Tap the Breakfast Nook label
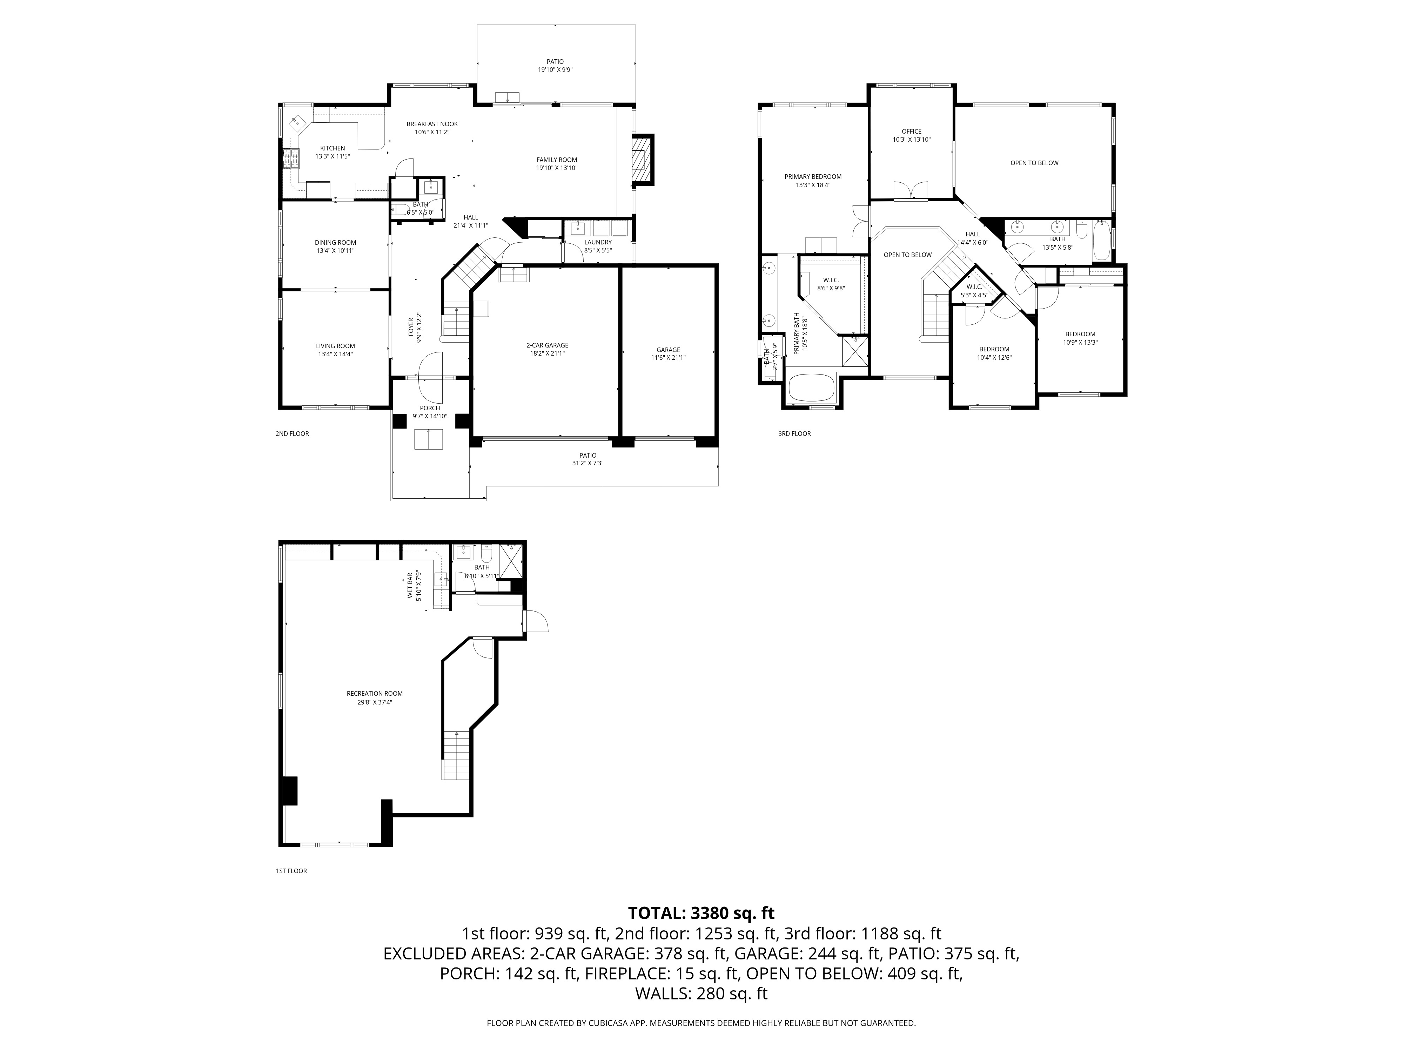432,124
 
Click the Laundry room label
597,242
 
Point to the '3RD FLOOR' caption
794,434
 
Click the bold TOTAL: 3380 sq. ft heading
701,913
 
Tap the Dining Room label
335,242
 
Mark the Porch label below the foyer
429,409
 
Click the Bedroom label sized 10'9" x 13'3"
1080,334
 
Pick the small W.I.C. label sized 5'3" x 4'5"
974,286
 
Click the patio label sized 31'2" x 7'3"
588,455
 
